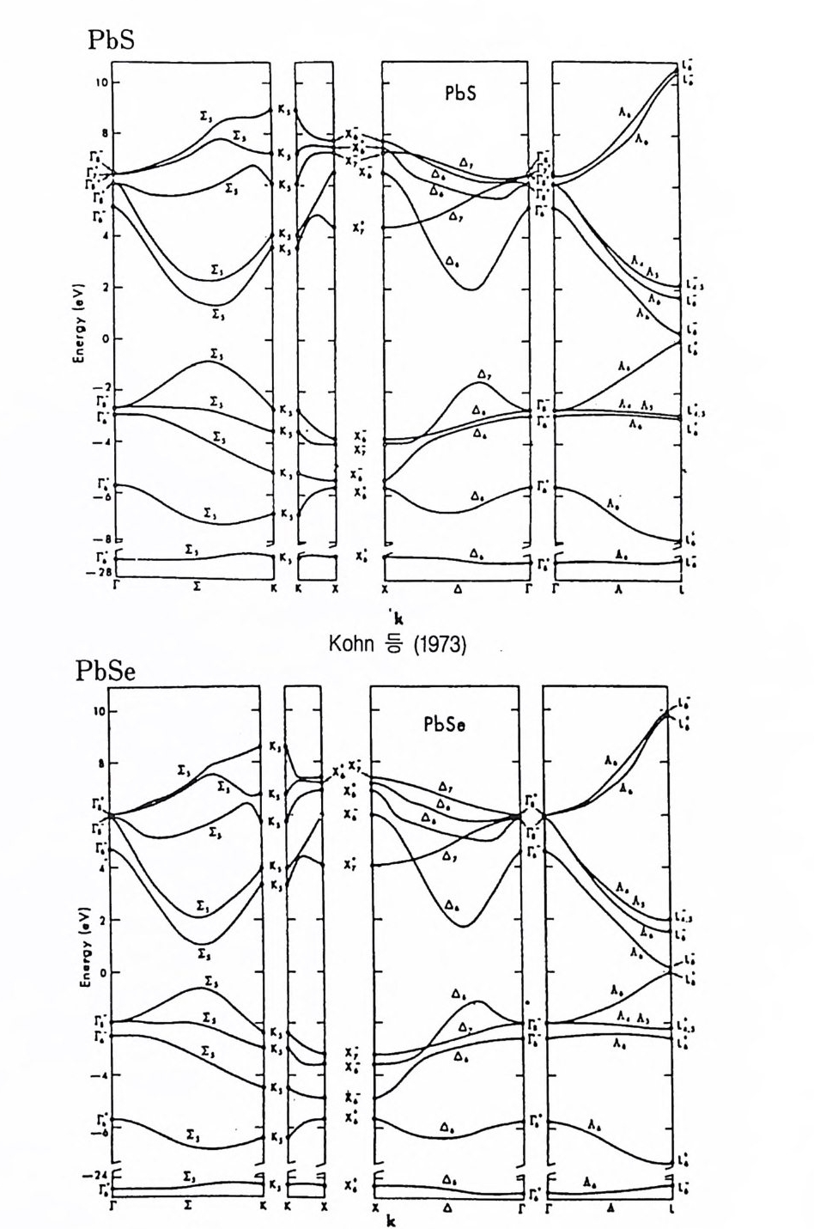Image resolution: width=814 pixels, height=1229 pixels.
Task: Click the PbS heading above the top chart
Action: coord(112,40)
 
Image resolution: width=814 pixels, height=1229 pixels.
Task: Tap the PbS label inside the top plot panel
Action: coord(460,94)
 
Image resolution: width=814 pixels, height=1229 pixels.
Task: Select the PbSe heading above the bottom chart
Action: coord(106,671)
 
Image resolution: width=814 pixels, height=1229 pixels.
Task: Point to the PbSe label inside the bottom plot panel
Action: coord(445,723)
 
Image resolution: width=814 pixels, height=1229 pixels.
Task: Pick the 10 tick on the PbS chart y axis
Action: coord(100,82)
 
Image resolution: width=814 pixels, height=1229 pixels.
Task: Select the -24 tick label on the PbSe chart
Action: coord(97,1176)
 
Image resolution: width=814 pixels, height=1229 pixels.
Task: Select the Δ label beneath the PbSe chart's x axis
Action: coord(447,1208)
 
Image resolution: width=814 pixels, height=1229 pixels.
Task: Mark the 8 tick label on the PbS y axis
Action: coord(103,133)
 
